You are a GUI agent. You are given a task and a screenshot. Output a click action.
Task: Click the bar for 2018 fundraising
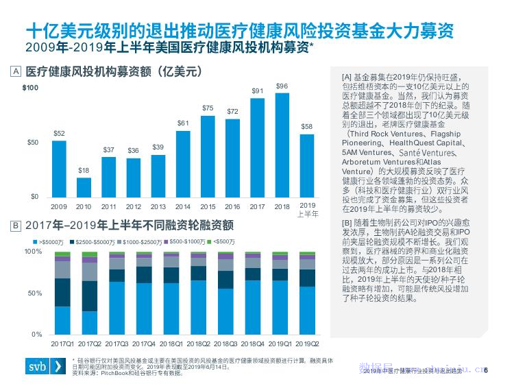[282, 145]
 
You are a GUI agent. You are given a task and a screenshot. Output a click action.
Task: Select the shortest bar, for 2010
[84, 187]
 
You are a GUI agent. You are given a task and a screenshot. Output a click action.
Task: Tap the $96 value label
[282, 86]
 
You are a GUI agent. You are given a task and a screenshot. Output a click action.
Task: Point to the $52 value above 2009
[60, 134]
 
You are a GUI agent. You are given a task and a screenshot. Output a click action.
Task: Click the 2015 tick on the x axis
[208, 206]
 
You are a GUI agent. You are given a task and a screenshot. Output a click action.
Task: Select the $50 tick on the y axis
[32, 143]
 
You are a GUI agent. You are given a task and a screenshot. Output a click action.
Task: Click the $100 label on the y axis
[30, 88]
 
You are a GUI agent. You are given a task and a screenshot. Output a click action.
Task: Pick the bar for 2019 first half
[307, 165]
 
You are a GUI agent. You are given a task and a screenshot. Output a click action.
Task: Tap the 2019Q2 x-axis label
[307, 343]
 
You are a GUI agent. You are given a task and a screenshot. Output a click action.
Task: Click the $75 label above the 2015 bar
[208, 108]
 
